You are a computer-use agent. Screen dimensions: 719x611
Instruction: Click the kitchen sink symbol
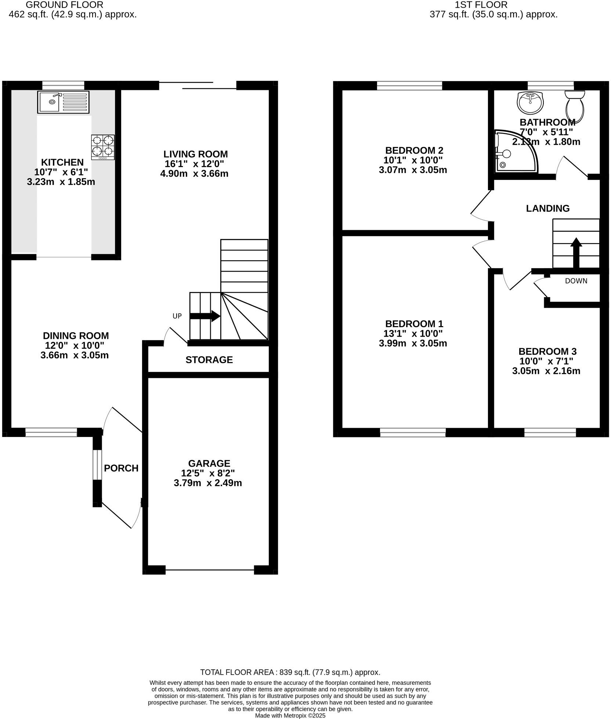(63, 102)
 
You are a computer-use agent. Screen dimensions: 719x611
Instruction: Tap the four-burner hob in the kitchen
(103, 147)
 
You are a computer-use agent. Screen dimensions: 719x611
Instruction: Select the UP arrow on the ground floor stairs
(205, 316)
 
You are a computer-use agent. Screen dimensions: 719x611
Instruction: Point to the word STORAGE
(209, 360)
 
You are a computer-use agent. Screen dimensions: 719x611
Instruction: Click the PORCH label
(121, 468)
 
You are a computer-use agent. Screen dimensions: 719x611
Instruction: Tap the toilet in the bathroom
(575, 106)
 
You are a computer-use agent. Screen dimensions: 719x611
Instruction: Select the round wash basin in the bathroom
(530, 102)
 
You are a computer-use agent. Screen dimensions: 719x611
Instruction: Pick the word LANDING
(547, 209)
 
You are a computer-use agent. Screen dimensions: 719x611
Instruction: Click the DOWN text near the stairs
(576, 281)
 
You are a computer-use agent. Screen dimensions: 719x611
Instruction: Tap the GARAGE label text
(209, 463)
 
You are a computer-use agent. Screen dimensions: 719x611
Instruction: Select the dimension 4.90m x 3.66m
(194, 174)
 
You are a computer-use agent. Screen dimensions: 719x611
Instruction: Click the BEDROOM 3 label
(547, 351)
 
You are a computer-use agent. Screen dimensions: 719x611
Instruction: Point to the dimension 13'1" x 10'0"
(414, 334)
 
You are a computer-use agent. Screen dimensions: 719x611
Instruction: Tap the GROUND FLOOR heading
(65, 5)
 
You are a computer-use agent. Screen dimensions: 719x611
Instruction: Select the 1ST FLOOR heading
(481, 5)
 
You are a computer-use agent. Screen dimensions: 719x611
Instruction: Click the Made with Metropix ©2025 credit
(290, 716)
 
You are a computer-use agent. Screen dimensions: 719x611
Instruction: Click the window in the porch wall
(97, 465)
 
